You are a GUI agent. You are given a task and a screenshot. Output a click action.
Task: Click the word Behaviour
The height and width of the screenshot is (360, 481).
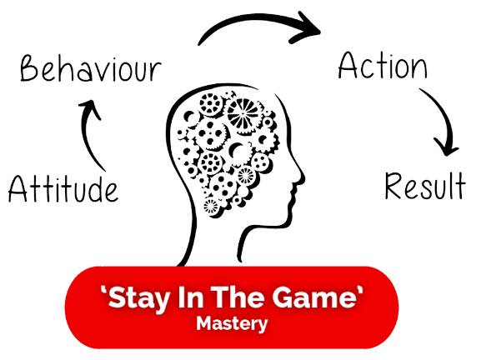(x=91, y=68)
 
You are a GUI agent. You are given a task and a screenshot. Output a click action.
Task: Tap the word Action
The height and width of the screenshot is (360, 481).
(x=383, y=65)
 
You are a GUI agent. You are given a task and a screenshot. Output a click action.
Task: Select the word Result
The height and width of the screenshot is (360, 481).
(x=425, y=185)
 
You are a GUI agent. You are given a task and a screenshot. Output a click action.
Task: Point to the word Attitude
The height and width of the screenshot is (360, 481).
(x=63, y=188)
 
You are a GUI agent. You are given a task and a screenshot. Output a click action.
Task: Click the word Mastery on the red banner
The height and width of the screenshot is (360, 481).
(x=232, y=324)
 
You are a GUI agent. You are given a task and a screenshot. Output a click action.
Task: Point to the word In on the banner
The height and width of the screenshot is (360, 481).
(x=191, y=297)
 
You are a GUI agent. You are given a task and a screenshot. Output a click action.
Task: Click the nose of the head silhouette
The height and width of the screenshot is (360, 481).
(x=301, y=177)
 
